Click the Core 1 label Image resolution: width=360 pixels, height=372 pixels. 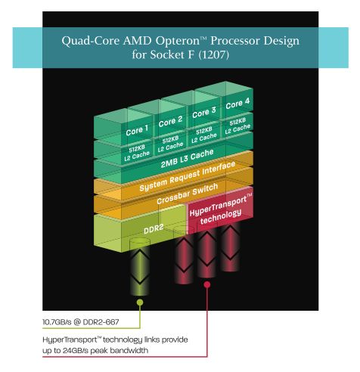[137, 130]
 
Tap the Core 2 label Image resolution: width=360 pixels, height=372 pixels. [170, 121]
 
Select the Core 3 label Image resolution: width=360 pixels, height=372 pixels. [204, 113]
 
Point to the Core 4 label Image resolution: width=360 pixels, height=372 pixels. [237, 103]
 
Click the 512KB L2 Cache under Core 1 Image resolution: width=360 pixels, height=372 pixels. [137, 153]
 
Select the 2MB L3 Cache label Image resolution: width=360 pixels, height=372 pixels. [188, 159]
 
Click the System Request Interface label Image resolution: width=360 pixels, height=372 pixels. [188, 176]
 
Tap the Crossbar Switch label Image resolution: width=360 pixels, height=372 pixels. [187, 194]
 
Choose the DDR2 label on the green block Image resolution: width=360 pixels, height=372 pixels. [154, 229]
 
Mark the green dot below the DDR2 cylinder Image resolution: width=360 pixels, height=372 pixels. [140, 302]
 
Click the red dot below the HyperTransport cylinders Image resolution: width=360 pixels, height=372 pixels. [207, 284]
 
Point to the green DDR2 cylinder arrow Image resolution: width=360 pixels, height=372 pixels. [140, 267]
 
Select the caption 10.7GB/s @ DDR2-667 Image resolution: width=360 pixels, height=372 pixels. [81, 322]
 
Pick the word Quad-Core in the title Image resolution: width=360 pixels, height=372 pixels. [91, 41]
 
